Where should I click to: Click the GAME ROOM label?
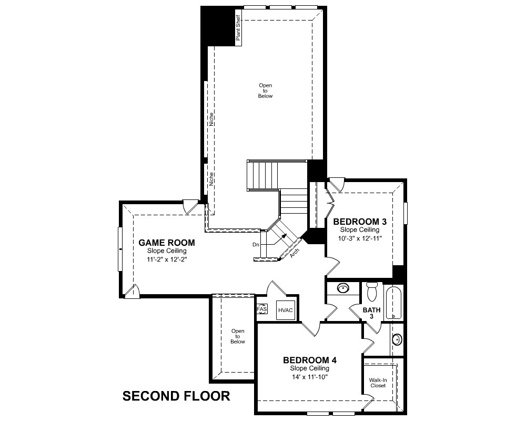(x=166, y=243)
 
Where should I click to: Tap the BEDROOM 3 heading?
(x=360, y=222)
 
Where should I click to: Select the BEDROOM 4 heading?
(x=310, y=360)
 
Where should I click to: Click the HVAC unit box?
(x=286, y=310)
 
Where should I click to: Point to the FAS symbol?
(x=262, y=309)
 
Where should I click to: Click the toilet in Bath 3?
(x=372, y=292)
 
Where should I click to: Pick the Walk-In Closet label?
(x=378, y=383)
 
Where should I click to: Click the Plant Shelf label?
(x=238, y=28)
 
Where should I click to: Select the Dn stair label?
(x=256, y=245)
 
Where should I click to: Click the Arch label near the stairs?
(x=295, y=253)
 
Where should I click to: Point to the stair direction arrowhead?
(x=285, y=236)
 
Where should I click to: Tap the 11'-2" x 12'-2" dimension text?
(x=167, y=259)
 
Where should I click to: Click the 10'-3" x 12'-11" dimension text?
(x=360, y=238)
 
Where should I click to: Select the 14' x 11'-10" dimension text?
(x=310, y=377)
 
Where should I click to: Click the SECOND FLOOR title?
(x=176, y=396)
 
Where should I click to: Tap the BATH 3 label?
(x=372, y=313)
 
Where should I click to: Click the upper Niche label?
(x=211, y=119)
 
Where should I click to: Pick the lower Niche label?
(x=211, y=179)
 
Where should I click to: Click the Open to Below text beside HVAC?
(x=238, y=336)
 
